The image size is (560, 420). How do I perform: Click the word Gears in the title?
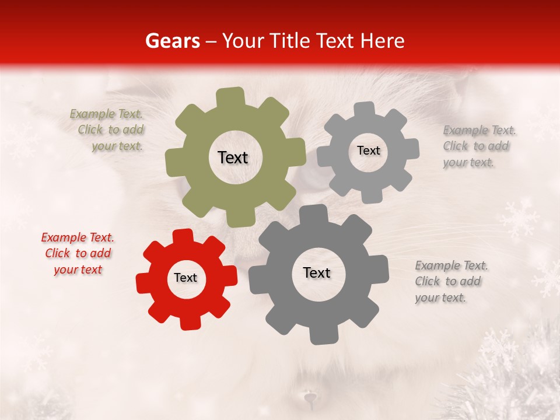click(172, 41)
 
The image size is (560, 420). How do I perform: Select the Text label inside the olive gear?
click(233, 157)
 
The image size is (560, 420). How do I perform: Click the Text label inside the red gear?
click(185, 278)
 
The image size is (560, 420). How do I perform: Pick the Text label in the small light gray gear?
click(368, 150)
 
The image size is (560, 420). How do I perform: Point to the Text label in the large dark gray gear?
click(317, 272)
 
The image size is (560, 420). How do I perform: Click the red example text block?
click(78, 254)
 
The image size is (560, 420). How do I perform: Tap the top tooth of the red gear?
click(182, 236)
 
